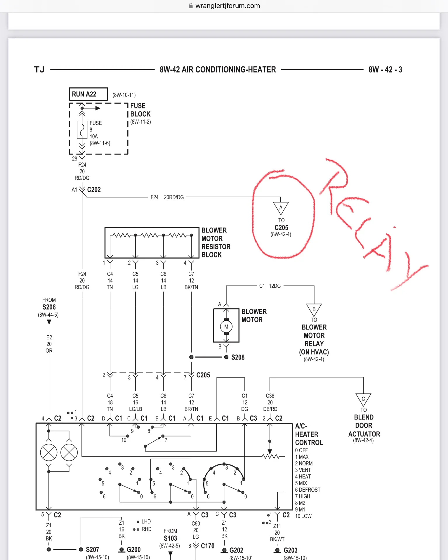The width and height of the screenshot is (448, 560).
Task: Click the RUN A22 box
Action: (x=88, y=94)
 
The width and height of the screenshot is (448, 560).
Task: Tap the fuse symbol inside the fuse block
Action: (x=82, y=130)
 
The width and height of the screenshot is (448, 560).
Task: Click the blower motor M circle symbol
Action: (x=226, y=327)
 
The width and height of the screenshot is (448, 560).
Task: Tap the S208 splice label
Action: (x=238, y=357)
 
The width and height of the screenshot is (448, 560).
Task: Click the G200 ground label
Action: (x=134, y=549)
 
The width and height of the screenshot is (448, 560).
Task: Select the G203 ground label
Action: (x=291, y=550)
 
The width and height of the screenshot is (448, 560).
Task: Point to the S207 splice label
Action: (x=93, y=549)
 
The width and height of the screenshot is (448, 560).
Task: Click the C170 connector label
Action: (x=208, y=546)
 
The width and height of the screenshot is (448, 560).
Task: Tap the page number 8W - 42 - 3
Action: (x=385, y=70)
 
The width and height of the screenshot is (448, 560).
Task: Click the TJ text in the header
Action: (x=39, y=70)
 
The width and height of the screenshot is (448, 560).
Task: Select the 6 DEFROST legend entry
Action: (x=308, y=490)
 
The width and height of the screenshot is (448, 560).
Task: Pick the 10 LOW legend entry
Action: (x=303, y=516)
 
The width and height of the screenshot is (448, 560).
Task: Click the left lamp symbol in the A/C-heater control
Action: (x=49, y=452)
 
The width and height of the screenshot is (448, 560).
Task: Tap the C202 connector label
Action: (x=94, y=190)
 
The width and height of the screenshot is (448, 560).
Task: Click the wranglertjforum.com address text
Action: (x=228, y=6)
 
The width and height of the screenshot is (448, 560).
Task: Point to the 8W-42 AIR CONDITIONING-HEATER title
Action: (x=218, y=70)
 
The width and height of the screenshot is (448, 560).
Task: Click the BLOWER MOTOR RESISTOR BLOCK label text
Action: (x=216, y=242)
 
